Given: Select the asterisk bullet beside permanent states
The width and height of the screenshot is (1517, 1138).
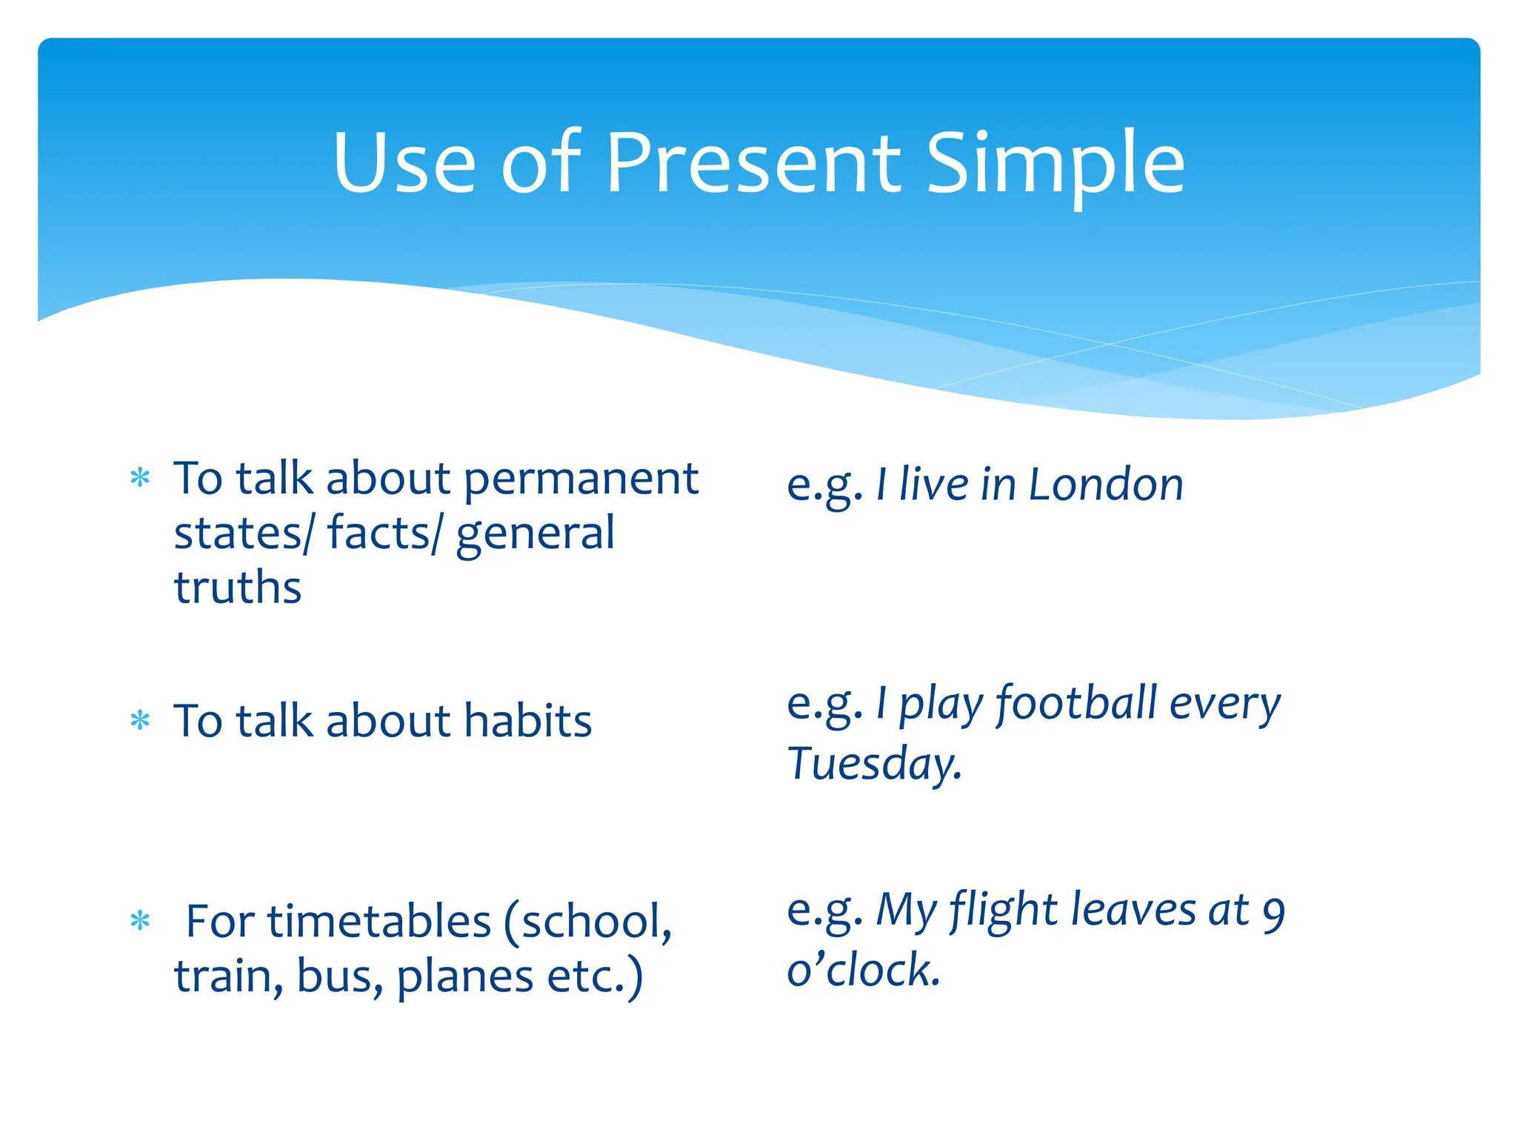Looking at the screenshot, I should pyautogui.click(x=140, y=478).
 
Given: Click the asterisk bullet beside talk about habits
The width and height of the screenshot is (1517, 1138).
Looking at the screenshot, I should pyautogui.click(x=140, y=720).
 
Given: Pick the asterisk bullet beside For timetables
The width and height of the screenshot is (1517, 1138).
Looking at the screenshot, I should pyautogui.click(x=140, y=922).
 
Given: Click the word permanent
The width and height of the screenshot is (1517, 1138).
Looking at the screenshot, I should pyautogui.click(x=581, y=480).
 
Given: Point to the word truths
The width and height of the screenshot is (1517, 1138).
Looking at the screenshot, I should pyautogui.click(x=238, y=588).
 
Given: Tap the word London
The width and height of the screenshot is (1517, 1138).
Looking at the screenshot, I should pyautogui.click(x=1105, y=485).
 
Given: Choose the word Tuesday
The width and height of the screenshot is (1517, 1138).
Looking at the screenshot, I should pyautogui.click(x=874, y=764).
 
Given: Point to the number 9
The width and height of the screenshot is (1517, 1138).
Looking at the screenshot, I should pyautogui.click(x=1273, y=914).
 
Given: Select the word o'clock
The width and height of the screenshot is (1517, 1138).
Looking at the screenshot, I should pyautogui.click(x=864, y=970).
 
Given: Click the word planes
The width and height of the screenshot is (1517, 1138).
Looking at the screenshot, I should pyautogui.click(x=464, y=977).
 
